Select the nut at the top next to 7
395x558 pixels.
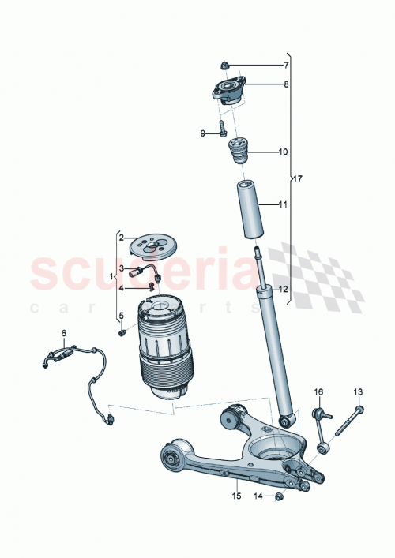tap(226, 65)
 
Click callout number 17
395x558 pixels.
tap(297, 178)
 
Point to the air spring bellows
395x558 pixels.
tap(167, 347)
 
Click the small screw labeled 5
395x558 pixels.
tap(122, 333)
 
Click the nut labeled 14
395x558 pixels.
tap(280, 496)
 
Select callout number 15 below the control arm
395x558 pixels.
tap(235, 496)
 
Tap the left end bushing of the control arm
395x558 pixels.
tap(170, 457)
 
